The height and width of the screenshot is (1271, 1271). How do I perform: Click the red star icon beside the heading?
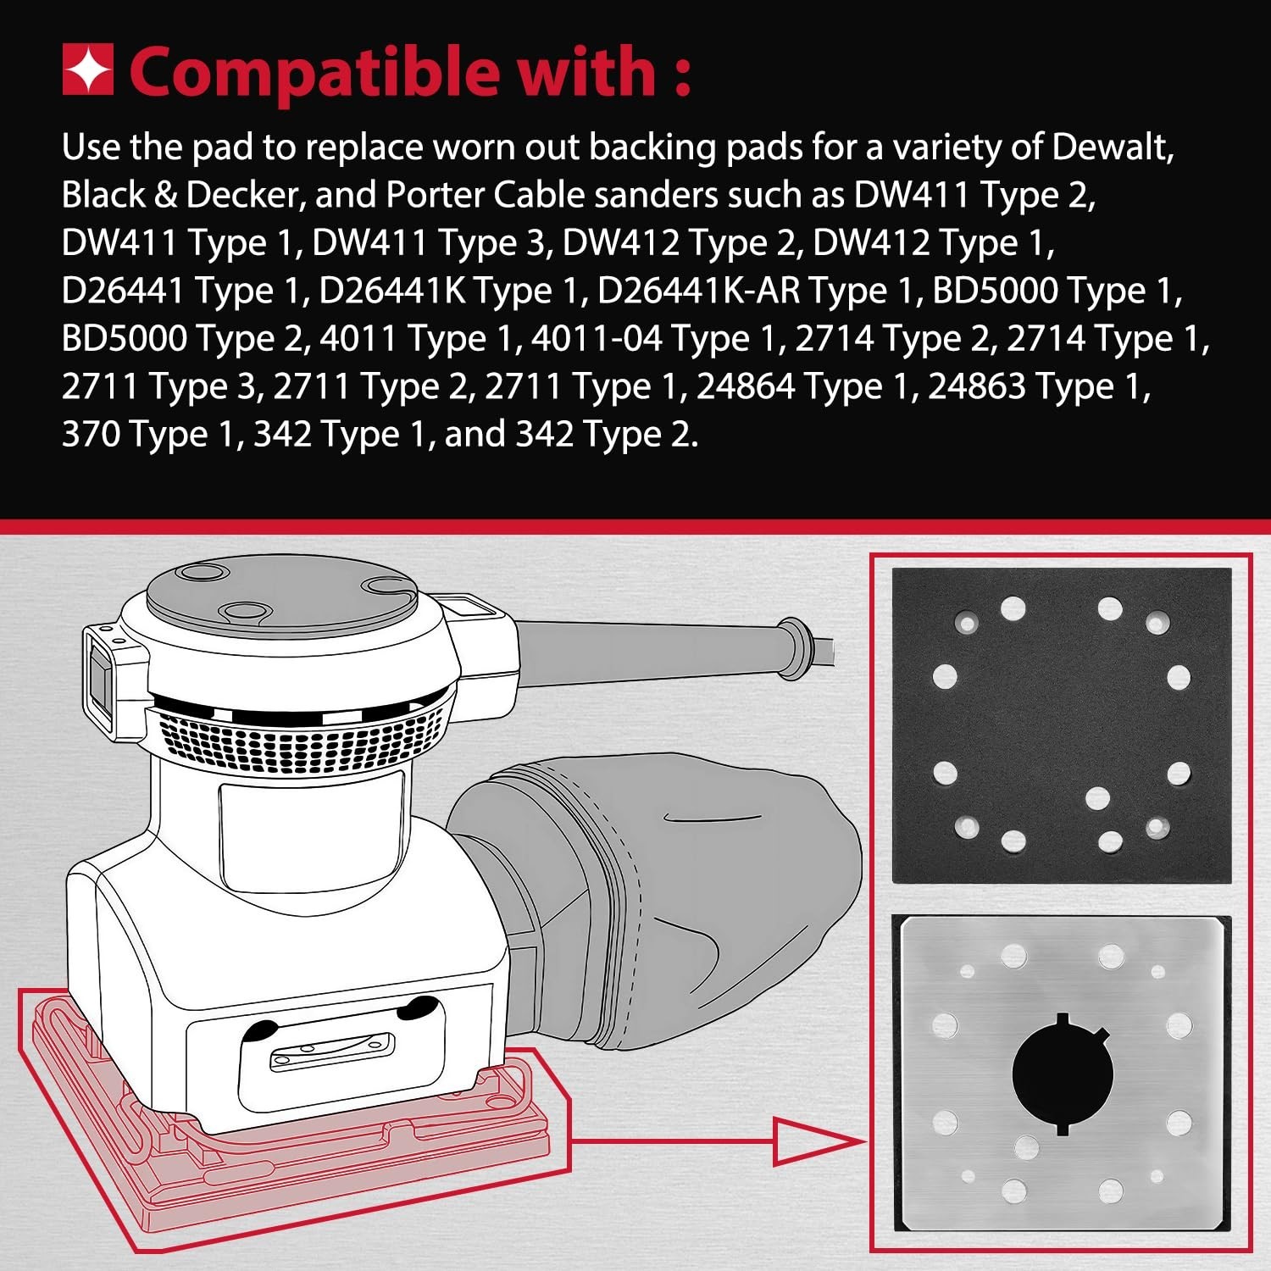point(88,70)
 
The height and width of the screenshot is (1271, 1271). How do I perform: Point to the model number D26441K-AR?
point(699,291)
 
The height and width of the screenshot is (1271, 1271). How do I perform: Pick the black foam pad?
point(1062,726)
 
